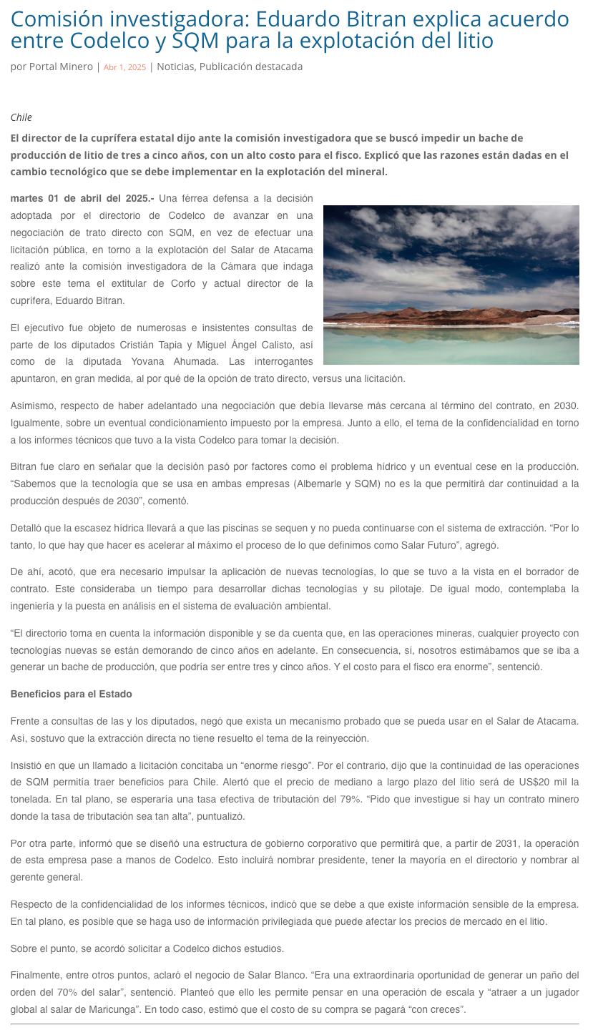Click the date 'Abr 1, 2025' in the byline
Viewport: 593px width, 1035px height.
[124, 67]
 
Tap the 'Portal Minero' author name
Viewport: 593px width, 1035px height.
[61, 67]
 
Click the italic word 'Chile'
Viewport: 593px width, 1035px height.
[21, 117]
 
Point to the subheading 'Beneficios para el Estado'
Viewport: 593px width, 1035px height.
[71, 695]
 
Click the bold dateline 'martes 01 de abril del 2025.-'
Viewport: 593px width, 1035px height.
[82, 198]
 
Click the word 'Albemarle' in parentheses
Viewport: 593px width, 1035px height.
[320, 484]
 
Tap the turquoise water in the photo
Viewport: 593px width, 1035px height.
[451, 347]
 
